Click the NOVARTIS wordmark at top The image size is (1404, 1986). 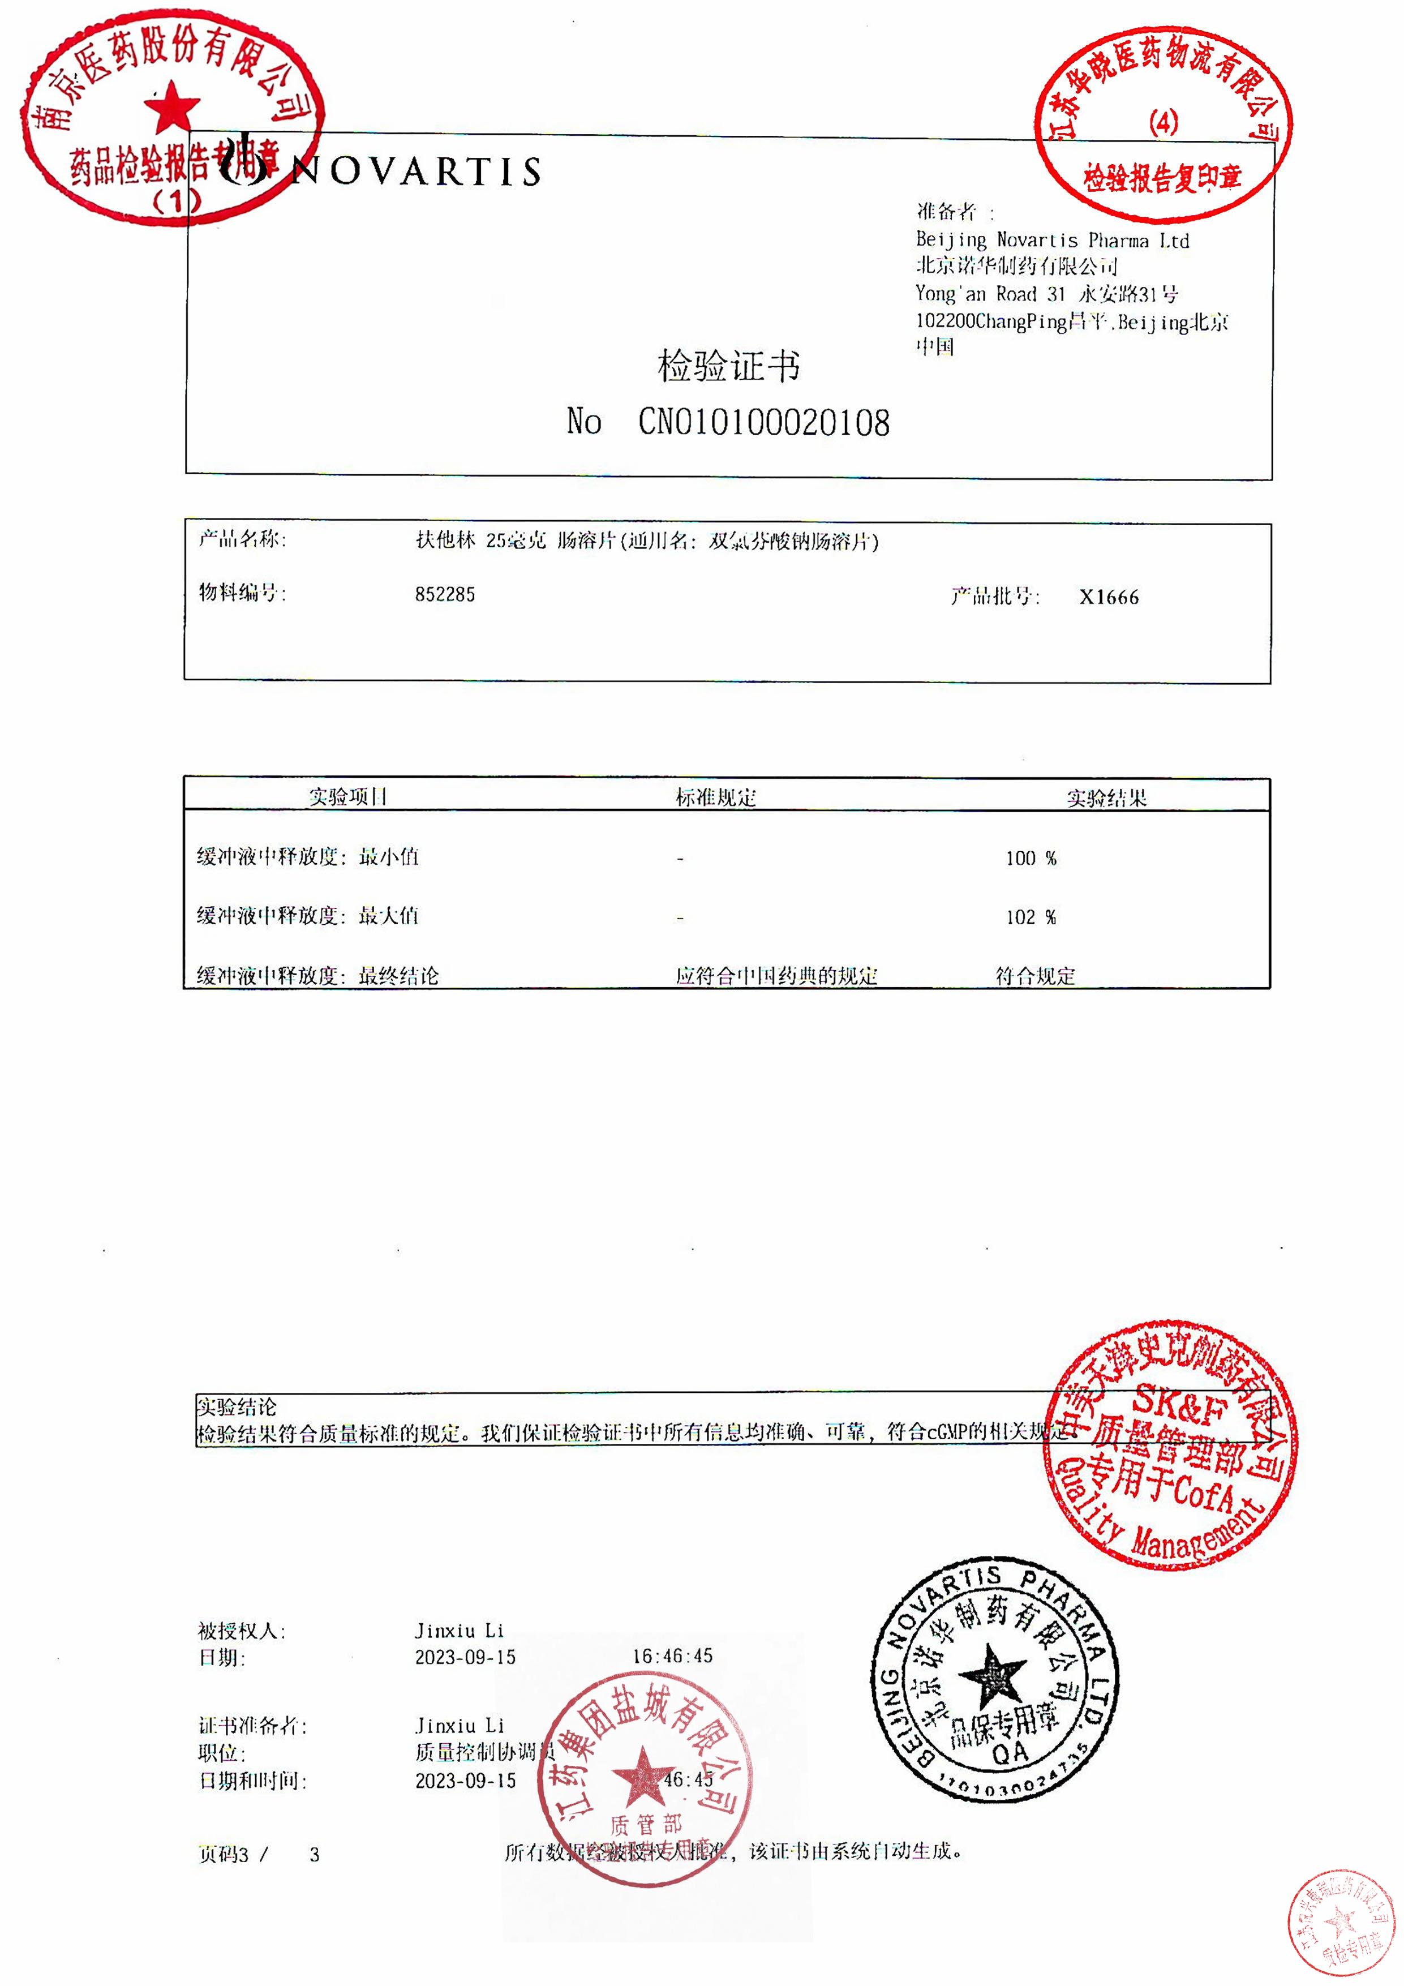point(416,171)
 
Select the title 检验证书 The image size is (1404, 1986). point(728,366)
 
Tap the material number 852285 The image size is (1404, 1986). point(445,594)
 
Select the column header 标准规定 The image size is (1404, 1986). point(715,797)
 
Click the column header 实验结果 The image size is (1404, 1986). point(1106,797)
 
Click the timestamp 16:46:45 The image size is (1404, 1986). point(672,1655)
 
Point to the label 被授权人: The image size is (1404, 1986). point(241,1631)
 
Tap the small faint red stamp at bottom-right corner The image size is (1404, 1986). point(1340,1922)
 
